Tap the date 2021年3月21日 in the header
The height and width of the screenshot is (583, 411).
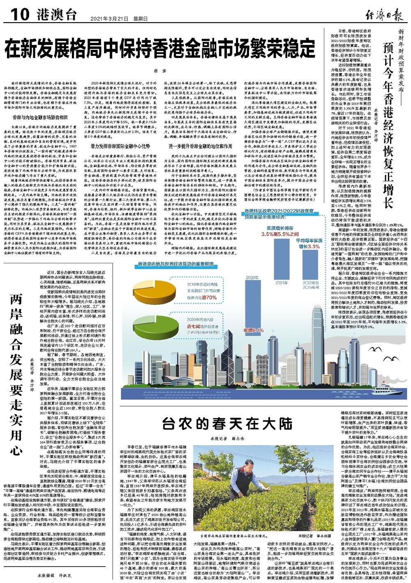coord(107,18)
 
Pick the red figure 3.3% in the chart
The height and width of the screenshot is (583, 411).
coord(313,246)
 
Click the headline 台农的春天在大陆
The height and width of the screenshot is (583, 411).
coord(227,422)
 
